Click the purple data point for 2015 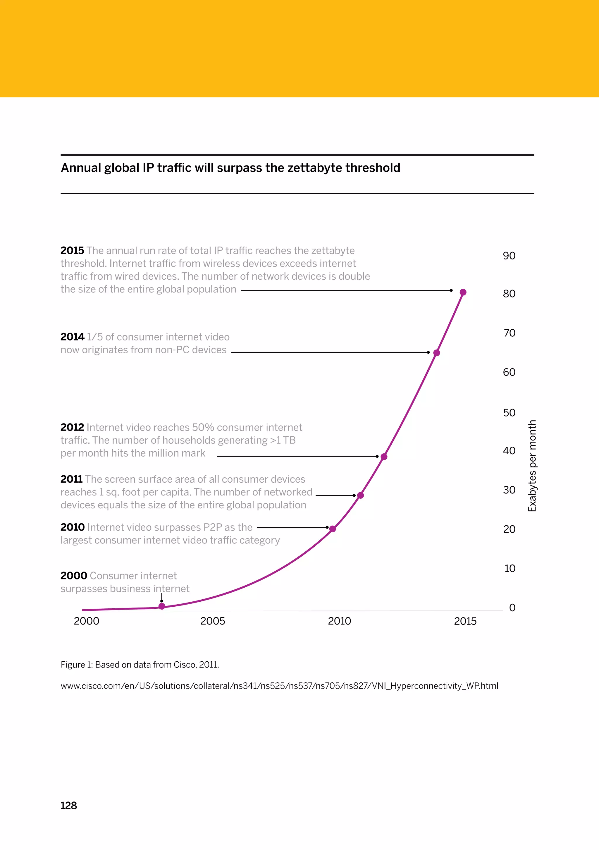click(463, 292)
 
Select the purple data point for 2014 click(436, 353)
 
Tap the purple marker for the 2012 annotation click(384, 457)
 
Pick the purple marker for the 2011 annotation click(361, 495)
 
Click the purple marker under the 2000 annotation click(162, 606)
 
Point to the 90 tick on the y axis click(509, 256)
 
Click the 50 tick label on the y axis click(509, 413)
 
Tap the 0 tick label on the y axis click(512, 608)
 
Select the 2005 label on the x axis click(213, 621)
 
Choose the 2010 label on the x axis click(339, 621)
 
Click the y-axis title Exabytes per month click(532, 466)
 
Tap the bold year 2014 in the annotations click(73, 337)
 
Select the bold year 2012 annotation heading click(73, 427)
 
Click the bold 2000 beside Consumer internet click(74, 576)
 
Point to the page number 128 click(68, 806)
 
